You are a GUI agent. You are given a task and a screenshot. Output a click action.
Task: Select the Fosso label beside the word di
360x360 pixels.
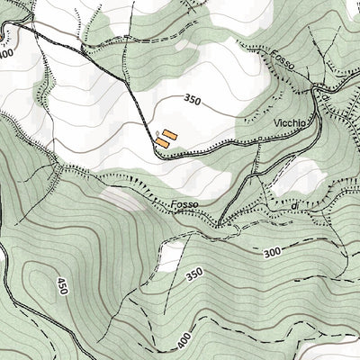(184, 205)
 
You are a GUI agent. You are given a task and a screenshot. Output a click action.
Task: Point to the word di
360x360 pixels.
(293, 208)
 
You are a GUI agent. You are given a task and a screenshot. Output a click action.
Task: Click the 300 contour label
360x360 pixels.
(274, 255)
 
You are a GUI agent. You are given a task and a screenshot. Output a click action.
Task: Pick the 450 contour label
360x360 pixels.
(62, 285)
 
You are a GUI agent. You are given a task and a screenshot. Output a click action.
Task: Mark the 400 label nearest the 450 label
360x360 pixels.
(184, 340)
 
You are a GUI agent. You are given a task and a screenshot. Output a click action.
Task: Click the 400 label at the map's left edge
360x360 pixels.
(7, 54)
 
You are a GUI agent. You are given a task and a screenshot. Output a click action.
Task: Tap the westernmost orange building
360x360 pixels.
(161, 142)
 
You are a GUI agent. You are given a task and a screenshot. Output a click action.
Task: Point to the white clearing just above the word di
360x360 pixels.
(297, 175)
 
